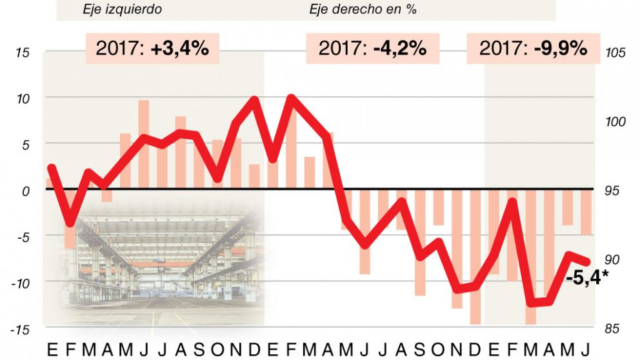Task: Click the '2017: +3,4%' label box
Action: (152, 48)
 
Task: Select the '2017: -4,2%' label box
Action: (372, 48)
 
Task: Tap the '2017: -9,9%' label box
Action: (533, 48)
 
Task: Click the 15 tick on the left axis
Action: (22, 53)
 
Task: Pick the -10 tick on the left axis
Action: (19, 283)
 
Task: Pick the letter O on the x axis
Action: (217, 349)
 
